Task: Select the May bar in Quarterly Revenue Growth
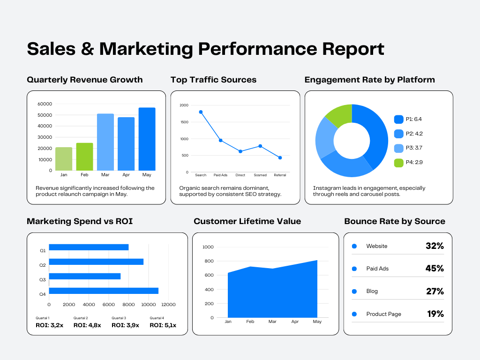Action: pos(147,139)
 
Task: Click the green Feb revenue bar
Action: pos(84,157)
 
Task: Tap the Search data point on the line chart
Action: pos(201,112)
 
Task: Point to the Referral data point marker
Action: pos(280,158)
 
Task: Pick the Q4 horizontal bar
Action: pos(104,291)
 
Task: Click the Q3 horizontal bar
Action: pos(84,276)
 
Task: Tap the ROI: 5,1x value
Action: pos(163,325)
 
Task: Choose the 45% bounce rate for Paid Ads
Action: pos(435,269)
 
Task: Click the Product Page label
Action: pos(383,314)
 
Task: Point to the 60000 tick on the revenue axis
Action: pos(45,104)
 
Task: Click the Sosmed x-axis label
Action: pos(260,175)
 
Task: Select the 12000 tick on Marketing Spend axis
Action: pos(168,305)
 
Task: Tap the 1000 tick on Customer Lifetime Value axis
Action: pos(208,247)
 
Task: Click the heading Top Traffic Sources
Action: pos(213,80)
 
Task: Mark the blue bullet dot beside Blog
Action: pos(354,292)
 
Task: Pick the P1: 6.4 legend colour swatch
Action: pos(399,120)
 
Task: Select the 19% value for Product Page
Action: pos(435,314)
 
